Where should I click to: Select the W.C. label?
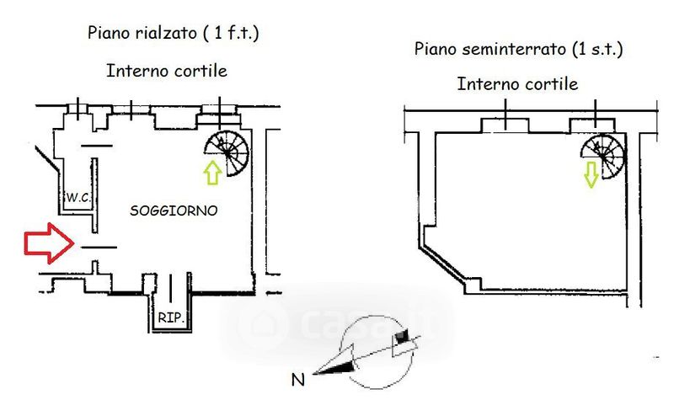[78, 198]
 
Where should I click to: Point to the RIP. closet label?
[170, 319]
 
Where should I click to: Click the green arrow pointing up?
[211, 173]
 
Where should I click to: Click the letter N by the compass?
[297, 380]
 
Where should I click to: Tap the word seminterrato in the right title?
[506, 49]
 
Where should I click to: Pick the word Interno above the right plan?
[486, 84]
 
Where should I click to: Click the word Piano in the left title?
[107, 34]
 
